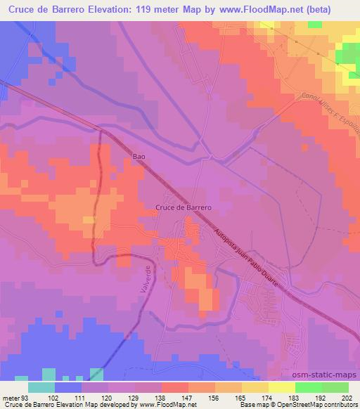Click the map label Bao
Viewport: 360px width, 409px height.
pos(139,157)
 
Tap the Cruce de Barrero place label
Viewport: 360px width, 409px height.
pos(184,207)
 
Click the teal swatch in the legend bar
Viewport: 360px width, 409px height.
pos(41,387)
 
